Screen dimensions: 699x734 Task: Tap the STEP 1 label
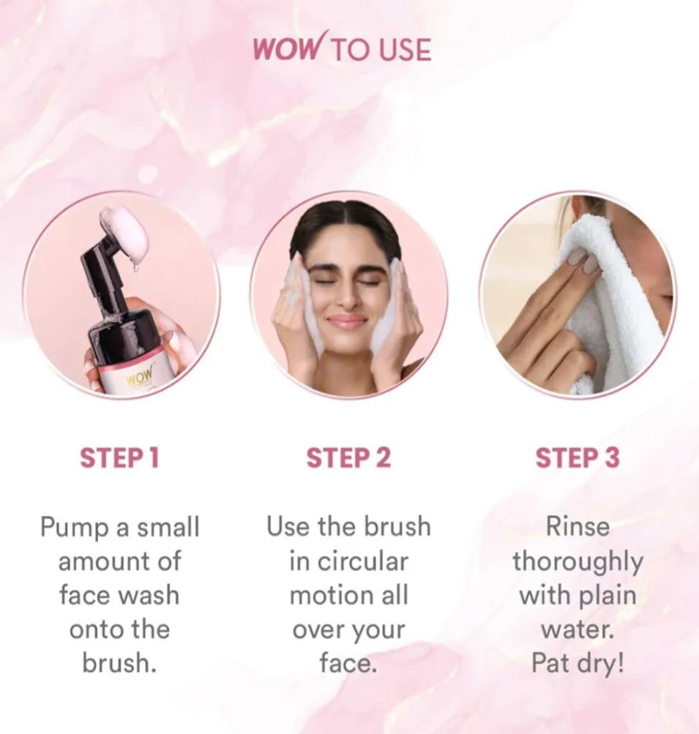[120, 458]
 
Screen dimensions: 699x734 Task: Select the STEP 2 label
[348, 458]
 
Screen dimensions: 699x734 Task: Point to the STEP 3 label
[577, 458]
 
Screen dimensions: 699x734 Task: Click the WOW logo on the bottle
[139, 375]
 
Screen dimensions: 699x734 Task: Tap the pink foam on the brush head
[124, 233]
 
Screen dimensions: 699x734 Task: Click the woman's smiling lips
[346, 321]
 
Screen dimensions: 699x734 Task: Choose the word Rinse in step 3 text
[577, 527]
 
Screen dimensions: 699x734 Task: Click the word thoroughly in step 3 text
[577, 562]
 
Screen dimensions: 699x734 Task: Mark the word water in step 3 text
[576, 629]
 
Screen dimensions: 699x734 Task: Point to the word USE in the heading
[405, 50]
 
